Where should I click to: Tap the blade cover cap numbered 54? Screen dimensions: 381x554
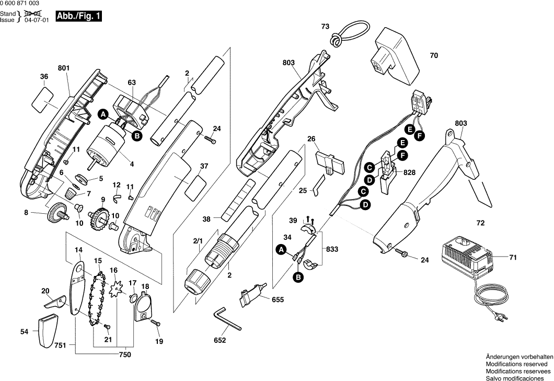pos(45,330)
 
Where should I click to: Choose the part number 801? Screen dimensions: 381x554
pos(63,68)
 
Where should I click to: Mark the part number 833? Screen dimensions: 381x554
pos(331,250)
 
